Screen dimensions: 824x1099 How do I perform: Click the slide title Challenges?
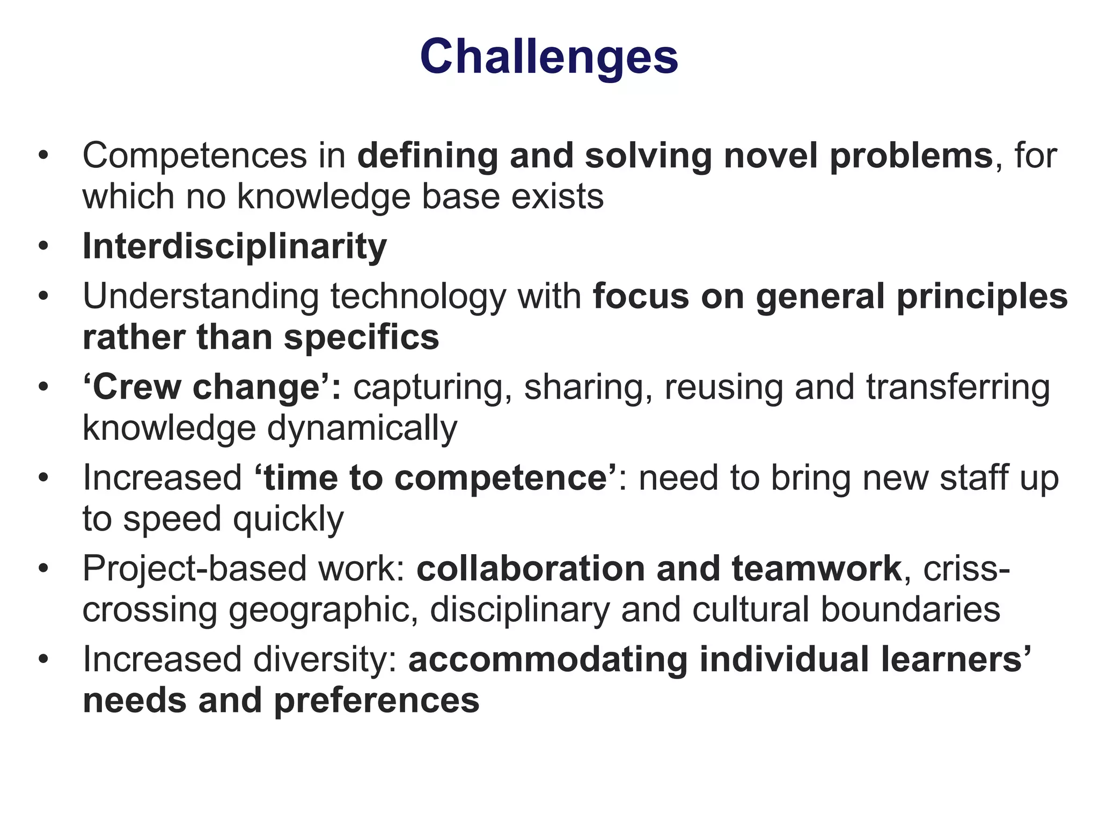click(x=549, y=57)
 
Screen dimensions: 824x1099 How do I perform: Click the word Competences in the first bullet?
click(x=194, y=156)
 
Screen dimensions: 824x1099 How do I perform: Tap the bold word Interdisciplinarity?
click(x=235, y=247)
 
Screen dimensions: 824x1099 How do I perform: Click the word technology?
click(x=418, y=297)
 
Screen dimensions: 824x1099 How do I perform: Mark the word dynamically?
click(x=362, y=429)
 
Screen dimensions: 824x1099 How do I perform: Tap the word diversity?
click(x=325, y=660)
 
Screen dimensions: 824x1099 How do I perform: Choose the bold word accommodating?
click(x=547, y=660)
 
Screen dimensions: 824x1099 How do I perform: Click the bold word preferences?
click(x=376, y=701)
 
